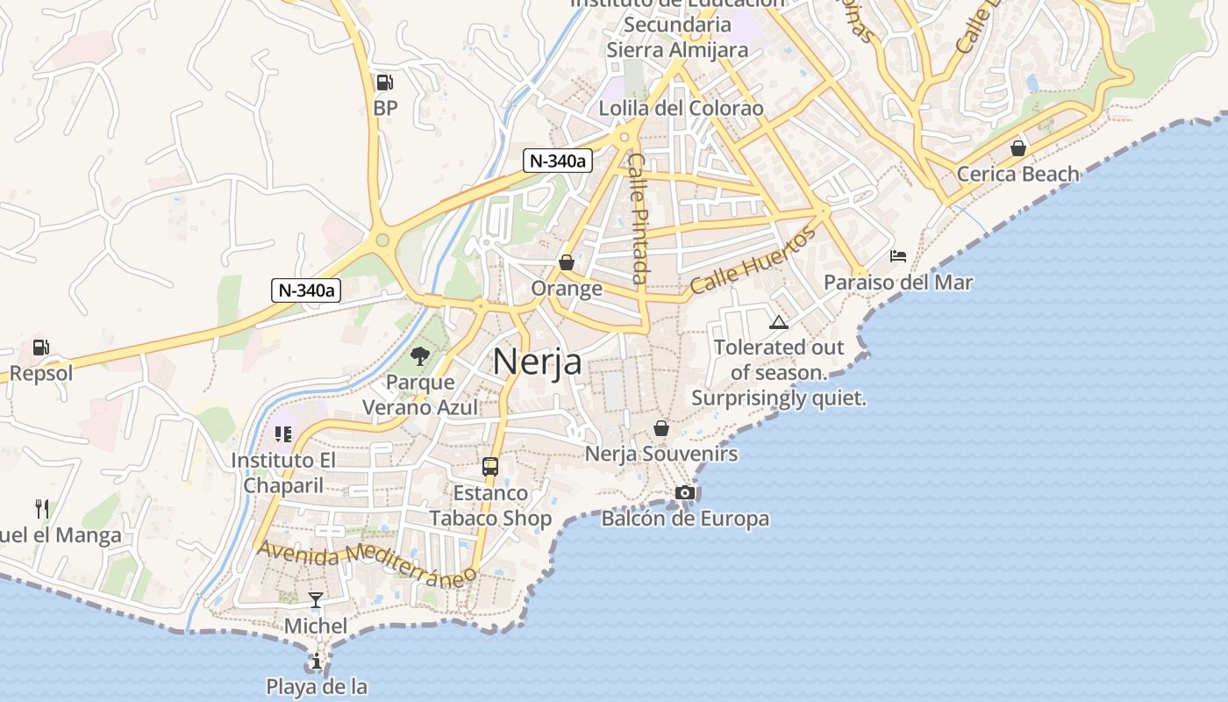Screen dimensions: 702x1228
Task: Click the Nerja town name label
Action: (x=537, y=361)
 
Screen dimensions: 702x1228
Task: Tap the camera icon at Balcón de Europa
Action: (x=685, y=493)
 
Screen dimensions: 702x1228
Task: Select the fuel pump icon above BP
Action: (x=384, y=82)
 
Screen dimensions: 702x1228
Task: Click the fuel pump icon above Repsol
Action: (x=40, y=347)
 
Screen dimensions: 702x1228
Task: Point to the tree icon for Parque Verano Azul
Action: (x=420, y=355)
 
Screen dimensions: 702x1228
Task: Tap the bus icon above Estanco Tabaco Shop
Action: (x=489, y=467)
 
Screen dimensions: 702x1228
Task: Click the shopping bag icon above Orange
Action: (x=567, y=262)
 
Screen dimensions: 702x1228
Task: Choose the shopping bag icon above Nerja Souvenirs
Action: (x=661, y=428)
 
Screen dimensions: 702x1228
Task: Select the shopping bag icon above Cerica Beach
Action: (x=1018, y=148)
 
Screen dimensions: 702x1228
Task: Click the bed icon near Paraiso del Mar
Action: (x=898, y=256)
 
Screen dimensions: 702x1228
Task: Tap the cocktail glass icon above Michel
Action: (x=316, y=600)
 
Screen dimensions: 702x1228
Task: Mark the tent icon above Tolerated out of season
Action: (x=779, y=322)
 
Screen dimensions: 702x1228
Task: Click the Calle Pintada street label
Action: (x=639, y=218)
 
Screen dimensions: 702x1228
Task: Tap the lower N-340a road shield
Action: (x=305, y=290)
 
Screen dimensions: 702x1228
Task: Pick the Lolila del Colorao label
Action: (x=681, y=109)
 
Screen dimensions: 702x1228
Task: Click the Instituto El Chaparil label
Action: (x=283, y=473)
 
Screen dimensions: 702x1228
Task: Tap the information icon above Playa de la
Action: (x=317, y=661)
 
